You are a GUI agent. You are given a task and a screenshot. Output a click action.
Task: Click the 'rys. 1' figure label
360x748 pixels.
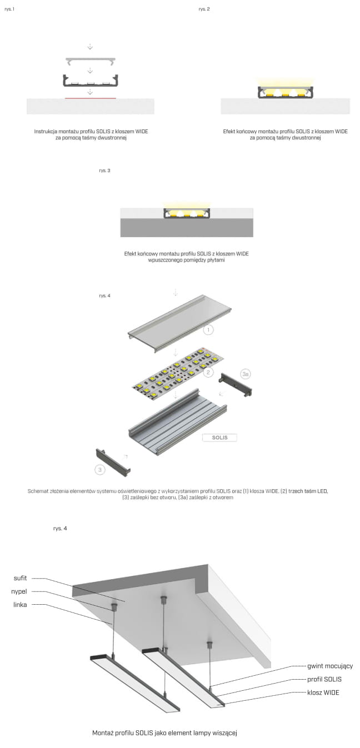[9, 9]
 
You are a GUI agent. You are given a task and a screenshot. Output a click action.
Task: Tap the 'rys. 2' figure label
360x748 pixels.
[204, 9]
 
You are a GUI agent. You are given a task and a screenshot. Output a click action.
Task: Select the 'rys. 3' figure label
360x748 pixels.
[104, 170]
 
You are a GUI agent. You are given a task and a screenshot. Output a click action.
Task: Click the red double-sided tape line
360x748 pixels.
[91, 98]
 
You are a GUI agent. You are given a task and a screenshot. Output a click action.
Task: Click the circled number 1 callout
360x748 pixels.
[208, 330]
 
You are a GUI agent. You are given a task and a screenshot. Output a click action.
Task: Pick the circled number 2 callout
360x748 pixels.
[208, 372]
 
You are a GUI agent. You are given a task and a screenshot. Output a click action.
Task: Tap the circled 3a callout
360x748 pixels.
[246, 374]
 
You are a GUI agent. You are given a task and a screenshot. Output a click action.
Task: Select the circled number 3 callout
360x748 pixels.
[100, 470]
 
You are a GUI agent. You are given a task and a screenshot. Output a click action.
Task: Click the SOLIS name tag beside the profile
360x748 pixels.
[220, 438]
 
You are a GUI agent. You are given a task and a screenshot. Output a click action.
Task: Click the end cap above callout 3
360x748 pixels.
[113, 462]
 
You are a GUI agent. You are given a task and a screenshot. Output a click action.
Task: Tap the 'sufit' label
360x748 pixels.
[20, 578]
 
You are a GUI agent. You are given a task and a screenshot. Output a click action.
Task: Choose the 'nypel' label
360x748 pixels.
[19, 591]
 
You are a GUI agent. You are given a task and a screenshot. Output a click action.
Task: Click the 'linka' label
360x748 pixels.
[20, 604]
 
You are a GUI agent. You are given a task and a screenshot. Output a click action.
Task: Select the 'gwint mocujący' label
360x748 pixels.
[330, 666]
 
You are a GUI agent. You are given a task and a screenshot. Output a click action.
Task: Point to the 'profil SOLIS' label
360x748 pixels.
[324, 679]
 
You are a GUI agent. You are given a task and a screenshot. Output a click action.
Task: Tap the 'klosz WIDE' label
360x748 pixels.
[323, 692]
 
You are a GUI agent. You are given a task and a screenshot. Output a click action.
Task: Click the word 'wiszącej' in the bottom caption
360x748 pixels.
[224, 733]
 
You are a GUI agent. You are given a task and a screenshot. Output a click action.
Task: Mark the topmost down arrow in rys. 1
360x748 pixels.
[90, 47]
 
